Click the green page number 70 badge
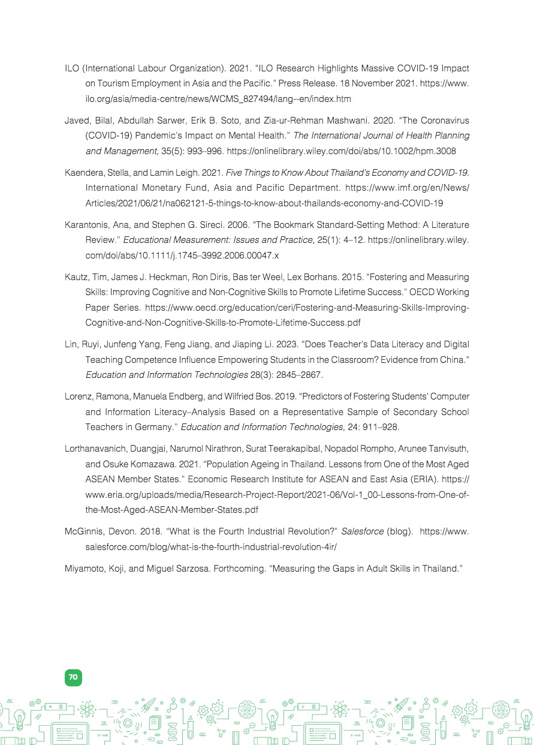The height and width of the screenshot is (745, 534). point(73,677)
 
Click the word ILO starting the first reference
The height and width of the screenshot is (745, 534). point(71,68)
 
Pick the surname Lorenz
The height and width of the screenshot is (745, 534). point(79,396)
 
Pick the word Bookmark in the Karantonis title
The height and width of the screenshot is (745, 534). point(298,225)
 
